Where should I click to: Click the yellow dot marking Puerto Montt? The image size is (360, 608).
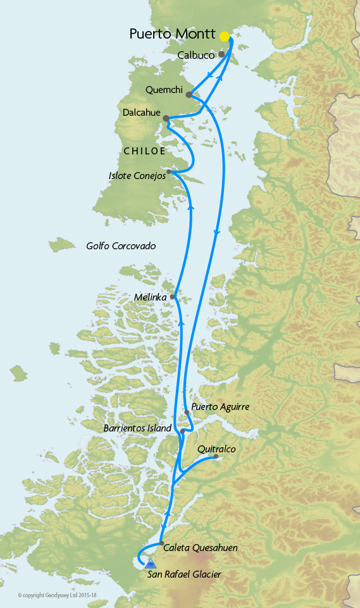click(224, 36)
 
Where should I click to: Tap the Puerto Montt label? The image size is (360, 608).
click(173, 34)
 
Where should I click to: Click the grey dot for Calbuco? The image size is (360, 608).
click(221, 54)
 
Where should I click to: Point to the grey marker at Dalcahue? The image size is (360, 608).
click(166, 118)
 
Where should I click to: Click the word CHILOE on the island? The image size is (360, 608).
click(144, 151)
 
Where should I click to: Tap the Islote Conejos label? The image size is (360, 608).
click(137, 176)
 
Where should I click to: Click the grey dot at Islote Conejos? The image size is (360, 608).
click(169, 171)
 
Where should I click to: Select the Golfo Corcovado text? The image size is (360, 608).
click(121, 245)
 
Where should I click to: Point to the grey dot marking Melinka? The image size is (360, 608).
click(173, 296)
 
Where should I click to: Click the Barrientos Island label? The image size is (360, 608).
click(137, 428)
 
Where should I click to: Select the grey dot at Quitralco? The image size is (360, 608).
click(216, 456)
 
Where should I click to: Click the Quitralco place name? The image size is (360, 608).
click(216, 449)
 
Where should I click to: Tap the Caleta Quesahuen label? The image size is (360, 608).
click(201, 548)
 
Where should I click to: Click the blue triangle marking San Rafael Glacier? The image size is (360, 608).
click(151, 563)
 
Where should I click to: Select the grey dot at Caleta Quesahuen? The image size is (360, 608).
click(161, 543)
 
